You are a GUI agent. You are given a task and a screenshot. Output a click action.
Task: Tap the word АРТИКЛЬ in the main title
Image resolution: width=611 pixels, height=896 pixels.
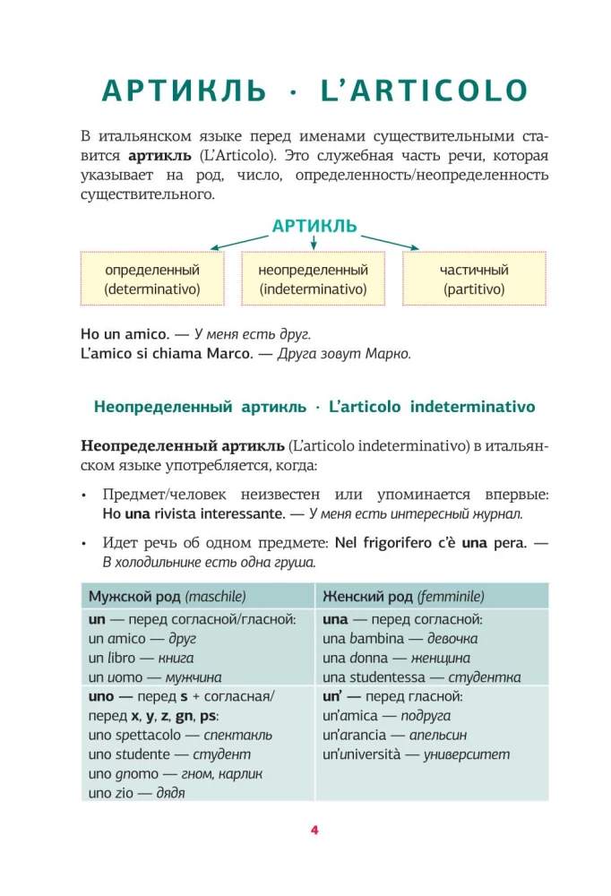(184, 90)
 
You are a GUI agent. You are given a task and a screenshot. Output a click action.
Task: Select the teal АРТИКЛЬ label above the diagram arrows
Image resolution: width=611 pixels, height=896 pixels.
(314, 226)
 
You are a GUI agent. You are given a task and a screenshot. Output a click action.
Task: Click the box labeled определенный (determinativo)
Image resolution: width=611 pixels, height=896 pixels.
(151, 279)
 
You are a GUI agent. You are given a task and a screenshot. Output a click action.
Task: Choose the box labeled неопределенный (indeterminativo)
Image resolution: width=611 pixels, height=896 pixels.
(314, 279)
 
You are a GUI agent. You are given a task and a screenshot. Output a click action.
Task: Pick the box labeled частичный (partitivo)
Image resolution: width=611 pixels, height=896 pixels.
(474, 279)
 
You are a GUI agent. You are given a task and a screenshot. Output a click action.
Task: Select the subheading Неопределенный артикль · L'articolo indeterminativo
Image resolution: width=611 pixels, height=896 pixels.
(314, 407)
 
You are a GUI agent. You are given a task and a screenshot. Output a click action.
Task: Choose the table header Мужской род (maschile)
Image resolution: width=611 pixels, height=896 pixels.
(167, 596)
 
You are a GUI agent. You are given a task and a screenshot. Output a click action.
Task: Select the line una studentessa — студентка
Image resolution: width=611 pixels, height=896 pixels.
(421, 677)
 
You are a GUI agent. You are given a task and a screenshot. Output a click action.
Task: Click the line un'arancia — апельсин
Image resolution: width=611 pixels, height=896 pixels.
(389, 735)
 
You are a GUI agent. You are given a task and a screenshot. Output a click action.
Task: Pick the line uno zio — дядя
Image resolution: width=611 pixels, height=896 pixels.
(131, 793)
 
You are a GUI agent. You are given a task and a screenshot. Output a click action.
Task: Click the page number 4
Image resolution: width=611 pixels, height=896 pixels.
(314, 830)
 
